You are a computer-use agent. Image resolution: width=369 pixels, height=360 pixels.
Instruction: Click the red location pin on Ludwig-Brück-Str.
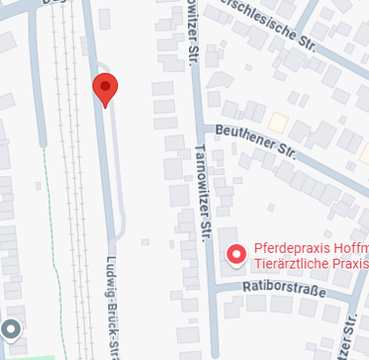point(105,89)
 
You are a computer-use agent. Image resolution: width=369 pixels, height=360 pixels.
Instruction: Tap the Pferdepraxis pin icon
point(236,256)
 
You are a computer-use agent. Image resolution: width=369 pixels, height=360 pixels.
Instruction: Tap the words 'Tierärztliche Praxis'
point(310,264)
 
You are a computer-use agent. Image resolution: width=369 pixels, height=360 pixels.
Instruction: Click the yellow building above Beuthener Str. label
point(278,124)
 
